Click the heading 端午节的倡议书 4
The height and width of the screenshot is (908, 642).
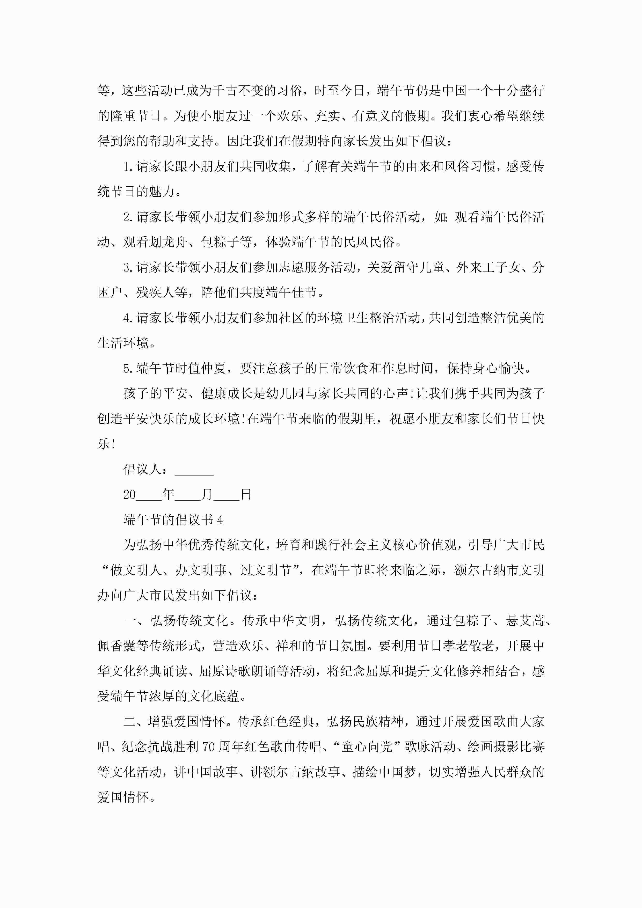pyautogui.click(x=173, y=520)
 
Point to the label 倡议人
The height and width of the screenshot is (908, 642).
pyautogui.click(x=142, y=470)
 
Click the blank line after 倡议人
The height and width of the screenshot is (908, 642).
pyautogui.click(x=194, y=471)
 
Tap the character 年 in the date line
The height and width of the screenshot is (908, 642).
pyautogui.click(x=168, y=494)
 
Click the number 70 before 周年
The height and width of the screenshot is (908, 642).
pyautogui.click(x=209, y=747)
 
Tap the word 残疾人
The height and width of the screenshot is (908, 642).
pyautogui.click(x=149, y=293)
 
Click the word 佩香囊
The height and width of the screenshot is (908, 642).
pyautogui.click(x=117, y=646)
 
